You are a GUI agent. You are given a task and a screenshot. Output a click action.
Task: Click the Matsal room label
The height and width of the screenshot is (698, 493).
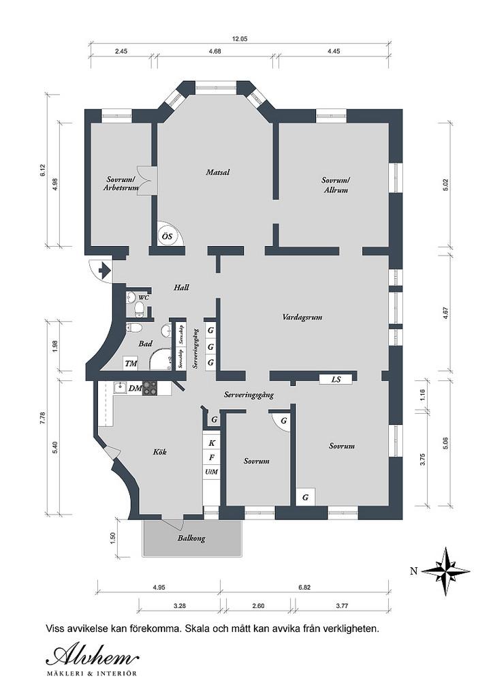click(x=218, y=172)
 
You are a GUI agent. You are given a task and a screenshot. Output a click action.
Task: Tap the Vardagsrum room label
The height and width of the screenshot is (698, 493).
click(x=302, y=317)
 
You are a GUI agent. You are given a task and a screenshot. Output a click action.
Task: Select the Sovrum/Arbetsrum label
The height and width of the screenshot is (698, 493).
click(x=121, y=184)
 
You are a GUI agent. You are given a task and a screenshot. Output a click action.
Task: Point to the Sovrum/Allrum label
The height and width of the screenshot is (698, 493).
click(x=336, y=185)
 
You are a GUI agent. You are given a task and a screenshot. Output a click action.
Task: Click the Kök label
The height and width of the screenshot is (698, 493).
click(x=160, y=452)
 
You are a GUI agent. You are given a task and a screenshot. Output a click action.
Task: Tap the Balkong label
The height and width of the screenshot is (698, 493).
click(x=191, y=538)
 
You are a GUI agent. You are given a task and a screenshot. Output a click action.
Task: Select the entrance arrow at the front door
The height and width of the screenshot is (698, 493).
click(x=104, y=271)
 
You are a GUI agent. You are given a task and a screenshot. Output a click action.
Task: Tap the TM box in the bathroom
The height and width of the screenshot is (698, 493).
click(x=131, y=364)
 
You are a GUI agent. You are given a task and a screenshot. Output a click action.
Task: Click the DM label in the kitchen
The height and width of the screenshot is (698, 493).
click(x=135, y=389)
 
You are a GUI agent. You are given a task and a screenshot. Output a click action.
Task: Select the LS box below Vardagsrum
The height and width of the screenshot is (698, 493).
click(x=336, y=379)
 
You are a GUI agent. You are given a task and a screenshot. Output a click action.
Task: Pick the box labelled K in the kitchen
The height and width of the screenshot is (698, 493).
click(x=212, y=443)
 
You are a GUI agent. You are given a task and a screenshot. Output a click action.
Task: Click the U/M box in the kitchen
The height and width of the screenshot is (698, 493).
click(x=212, y=472)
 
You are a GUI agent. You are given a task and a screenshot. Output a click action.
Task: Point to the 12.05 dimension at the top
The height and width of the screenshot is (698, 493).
click(x=240, y=39)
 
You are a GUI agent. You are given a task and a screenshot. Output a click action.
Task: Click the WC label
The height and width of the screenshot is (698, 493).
click(x=143, y=298)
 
